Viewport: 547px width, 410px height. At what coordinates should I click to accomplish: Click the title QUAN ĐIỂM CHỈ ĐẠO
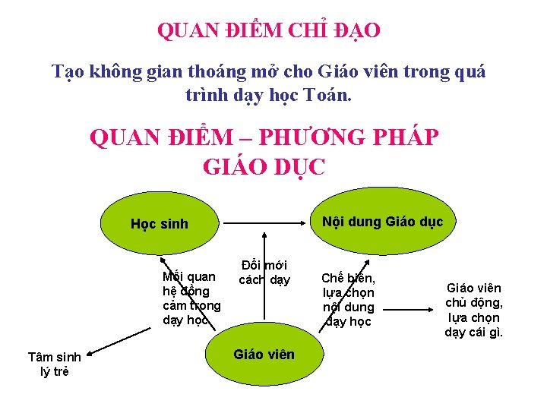point(269,31)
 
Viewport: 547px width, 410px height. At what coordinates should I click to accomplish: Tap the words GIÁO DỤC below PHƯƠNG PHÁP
point(264,166)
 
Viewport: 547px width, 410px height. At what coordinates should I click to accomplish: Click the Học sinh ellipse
point(160,224)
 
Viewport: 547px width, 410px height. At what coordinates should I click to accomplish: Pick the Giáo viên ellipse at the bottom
point(264,354)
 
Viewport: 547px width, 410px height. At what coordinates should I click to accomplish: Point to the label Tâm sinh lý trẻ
point(54,364)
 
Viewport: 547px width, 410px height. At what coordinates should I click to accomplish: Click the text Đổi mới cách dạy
point(264,272)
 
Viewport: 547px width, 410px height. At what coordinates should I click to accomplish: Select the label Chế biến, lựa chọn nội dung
point(349,299)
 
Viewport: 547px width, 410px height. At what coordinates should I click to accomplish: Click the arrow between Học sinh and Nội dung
point(266,224)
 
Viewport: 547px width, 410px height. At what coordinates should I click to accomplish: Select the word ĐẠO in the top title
point(354,31)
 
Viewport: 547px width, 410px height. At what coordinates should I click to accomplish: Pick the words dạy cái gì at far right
point(474,332)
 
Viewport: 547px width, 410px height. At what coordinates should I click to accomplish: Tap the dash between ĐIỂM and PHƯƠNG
point(246,139)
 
